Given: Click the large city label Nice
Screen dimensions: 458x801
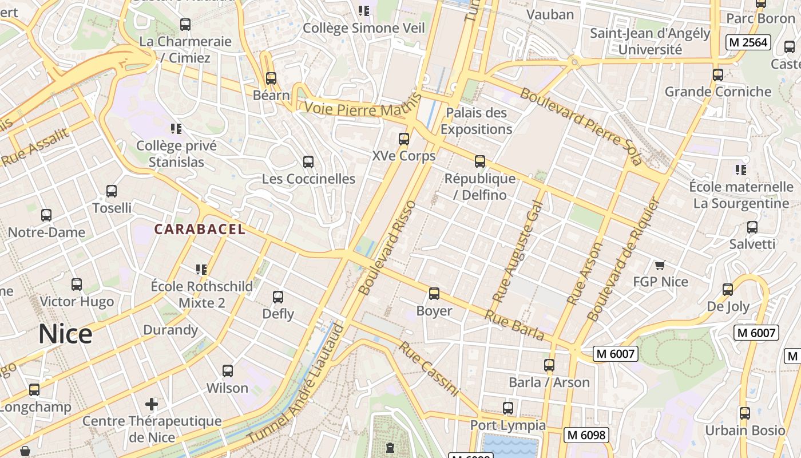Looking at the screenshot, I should tap(65, 334).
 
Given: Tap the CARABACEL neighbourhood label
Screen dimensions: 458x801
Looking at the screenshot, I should tap(200, 230).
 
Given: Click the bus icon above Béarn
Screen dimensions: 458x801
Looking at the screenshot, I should tap(271, 78).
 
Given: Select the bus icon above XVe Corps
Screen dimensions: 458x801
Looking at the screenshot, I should tap(404, 139).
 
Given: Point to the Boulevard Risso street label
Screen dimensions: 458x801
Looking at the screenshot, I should tap(387, 247).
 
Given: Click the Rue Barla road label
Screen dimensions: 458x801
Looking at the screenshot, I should tap(514, 325).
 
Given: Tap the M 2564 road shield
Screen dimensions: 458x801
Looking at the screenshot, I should tap(748, 42).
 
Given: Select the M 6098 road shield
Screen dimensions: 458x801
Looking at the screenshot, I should tap(586, 435).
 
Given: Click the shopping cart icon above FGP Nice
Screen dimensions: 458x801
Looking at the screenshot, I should tap(660, 265).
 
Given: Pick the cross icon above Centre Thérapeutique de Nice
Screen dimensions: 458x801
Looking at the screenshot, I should tap(152, 405).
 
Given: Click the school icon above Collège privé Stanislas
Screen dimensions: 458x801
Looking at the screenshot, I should tap(176, 129).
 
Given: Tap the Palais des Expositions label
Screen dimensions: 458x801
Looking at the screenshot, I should tap(476, 121).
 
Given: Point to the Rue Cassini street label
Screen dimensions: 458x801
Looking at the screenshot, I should tap(429, 369).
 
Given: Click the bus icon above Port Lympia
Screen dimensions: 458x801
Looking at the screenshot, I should tap(508, 408).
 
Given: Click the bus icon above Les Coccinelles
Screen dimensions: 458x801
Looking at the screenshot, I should tap(308, 162).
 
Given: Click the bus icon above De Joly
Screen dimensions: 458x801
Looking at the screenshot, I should tap(728, 290).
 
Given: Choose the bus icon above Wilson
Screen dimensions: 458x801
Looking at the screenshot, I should tap(228, 371).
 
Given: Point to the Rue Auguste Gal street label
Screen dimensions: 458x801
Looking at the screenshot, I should tap(517, 251).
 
